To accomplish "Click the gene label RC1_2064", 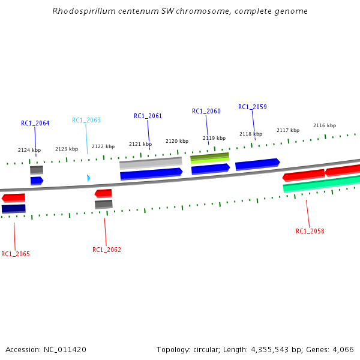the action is [x=35, y=123].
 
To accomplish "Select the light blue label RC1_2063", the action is [x=86, y=120].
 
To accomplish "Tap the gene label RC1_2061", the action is [x=148, y=116].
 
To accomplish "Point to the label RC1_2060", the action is [x=206, y=111].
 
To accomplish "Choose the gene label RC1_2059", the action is [x=253, y=107].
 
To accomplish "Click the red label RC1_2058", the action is [x=310, y=231].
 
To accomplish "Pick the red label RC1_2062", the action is [x=107, y=250].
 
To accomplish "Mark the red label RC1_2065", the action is [x=16, y=254].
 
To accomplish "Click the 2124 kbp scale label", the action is [x=29, y=150].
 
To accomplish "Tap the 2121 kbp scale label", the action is [x=140, y=144].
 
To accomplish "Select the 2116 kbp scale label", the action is [x=325, y=125].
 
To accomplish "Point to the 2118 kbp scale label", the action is [x=251, y=134].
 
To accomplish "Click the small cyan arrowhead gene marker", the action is [x=88, y=178].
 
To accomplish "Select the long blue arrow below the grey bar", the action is [x=151, y=174].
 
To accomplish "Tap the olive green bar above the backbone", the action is [x=209, y=158].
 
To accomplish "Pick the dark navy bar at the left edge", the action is [x=13, y=209].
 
